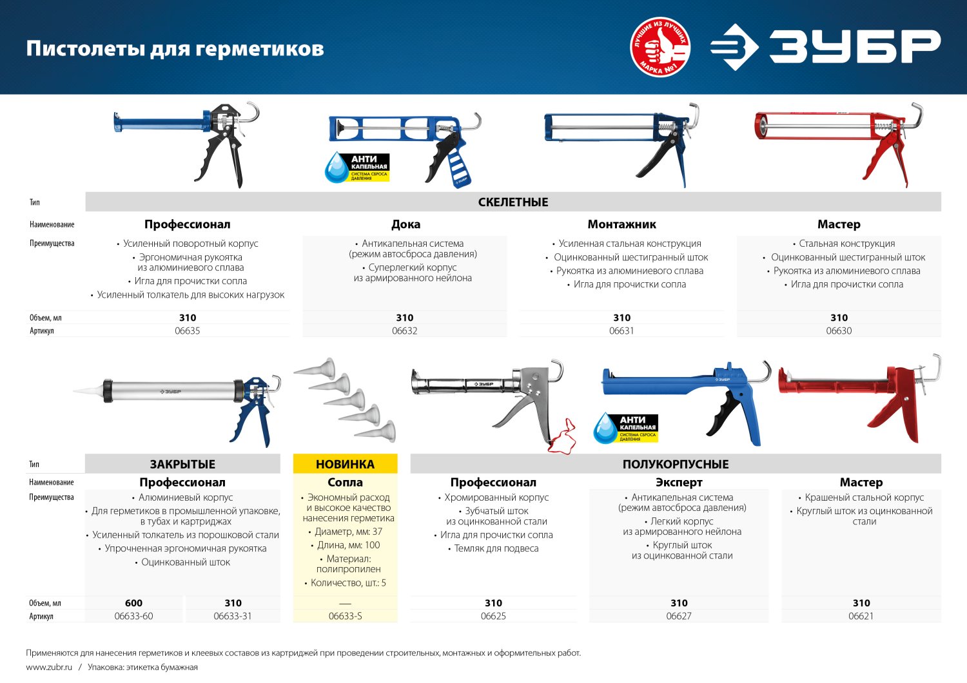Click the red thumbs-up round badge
(659, 47)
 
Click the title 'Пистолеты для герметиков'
(175, 48)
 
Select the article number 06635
(188, 331)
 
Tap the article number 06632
(405, 331)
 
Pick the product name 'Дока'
(405, 224)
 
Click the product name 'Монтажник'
(621, 224)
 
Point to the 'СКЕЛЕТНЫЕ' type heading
(513, 202)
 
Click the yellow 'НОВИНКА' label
(345, 464)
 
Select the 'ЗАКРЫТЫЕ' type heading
(182, 464)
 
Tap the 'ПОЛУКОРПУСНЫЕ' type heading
(676, 464)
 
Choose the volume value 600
(133, 603)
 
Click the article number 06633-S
(345, 616)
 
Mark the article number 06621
(861, 616)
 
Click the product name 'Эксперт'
(679, 482)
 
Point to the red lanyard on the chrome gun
(560, 438)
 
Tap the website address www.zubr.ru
(49, 668)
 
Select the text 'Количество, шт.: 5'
(348, 582)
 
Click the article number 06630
(839, 331)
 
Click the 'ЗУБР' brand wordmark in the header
(854, 46)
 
